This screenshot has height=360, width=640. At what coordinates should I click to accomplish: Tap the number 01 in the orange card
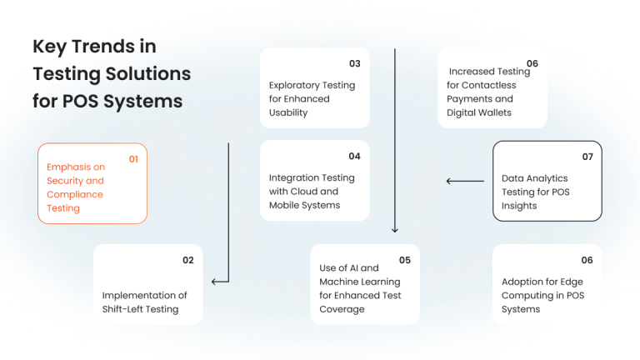pyautogui.click(x=133, y=158)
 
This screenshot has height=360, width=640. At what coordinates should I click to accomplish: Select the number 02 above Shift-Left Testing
pyautogui.click(x=188, y=260)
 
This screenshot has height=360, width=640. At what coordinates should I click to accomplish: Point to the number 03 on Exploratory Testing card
pyautogui.click(x=354, y=63)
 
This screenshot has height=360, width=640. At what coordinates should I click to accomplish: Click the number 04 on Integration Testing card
pyautogui.click(x=354, y=156)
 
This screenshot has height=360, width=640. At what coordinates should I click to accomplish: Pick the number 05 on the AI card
pyautogui.click(x=405, y=260)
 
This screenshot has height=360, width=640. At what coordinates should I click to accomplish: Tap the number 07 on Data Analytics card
pyautogui.click(x=587, y=157)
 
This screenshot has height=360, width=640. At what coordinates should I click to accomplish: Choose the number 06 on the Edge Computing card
pyautogui.click(x=587, y=260)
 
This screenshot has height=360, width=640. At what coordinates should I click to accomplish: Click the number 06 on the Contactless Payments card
pyautogui.click(x=532, y=63)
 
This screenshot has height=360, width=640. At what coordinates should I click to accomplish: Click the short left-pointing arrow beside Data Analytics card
pyautogui.click(x=465, y=181)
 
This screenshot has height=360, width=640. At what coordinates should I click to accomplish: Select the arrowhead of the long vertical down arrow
pyautogui.click(x=395, y=229)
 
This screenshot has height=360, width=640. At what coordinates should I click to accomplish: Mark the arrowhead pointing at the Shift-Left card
pyautogui.click(x=215, y=282)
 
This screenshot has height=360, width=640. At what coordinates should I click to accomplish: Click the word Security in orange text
pyautogui.click(x=63, y=181)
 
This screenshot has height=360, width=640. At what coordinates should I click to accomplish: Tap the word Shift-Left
pyautogui.click(x=123, y=309)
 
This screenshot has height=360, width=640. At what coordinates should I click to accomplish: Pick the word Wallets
pyautogui.click(x=493, y=112)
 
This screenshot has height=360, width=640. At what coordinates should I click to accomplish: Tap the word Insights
pyautogui.click(x=519, y=206)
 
